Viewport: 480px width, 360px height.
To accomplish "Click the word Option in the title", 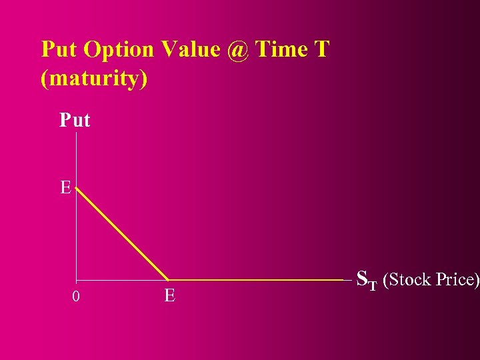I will pos(112,50).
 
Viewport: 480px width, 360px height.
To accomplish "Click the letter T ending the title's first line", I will pos(322,49).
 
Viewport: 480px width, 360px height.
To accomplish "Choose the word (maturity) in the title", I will pos(94,79).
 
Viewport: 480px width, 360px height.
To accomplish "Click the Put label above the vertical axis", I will pos(75,120).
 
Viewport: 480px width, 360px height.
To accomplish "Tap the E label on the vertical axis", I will pos(65,188).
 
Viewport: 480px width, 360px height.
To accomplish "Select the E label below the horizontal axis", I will pos(169,295).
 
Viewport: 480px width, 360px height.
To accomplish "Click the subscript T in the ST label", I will pos(373,285).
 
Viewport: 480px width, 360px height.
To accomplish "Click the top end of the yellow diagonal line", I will pos(77,189).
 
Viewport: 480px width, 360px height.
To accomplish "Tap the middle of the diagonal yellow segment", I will pos(122,234).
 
